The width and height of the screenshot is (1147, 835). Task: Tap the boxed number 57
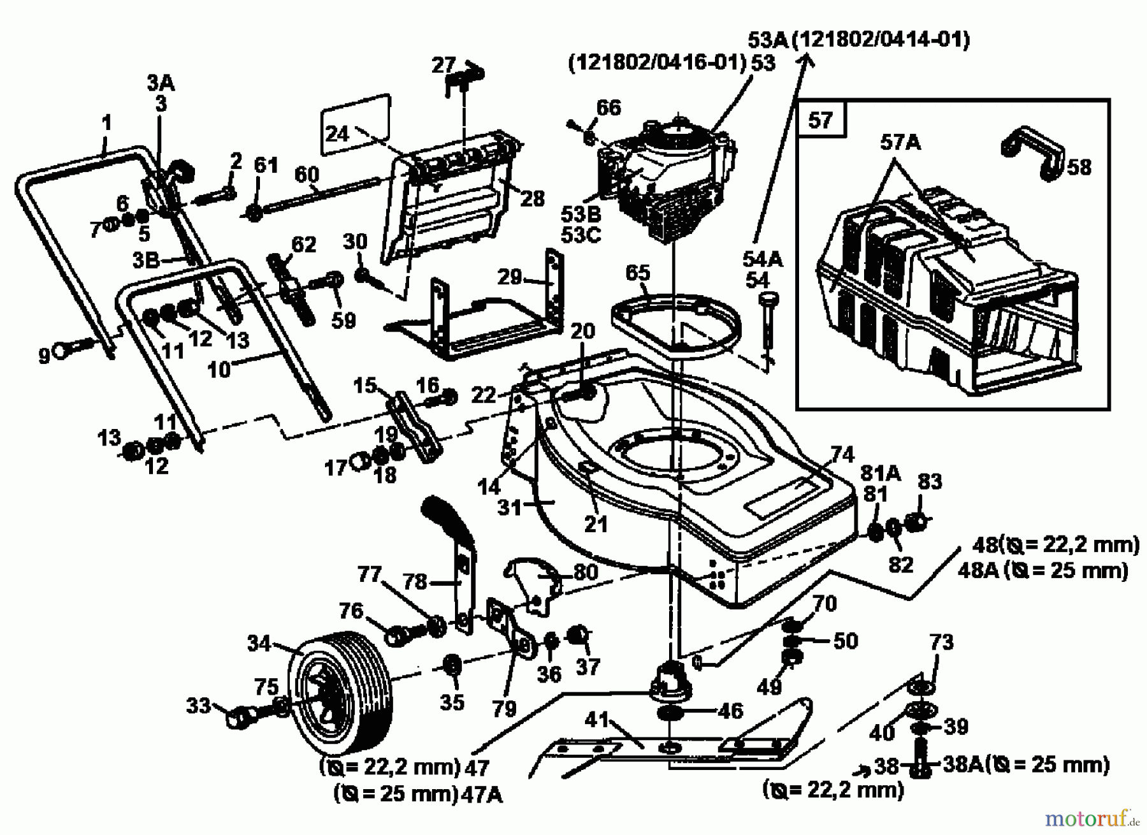(821, 119)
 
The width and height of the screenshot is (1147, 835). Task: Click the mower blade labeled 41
(669, 746)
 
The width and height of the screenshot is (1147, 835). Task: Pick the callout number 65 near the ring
(637, 273)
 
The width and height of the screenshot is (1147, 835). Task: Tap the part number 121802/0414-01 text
(881, 40)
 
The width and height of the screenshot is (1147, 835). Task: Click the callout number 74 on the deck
(842, 454)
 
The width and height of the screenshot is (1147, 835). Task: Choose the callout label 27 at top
(444, 65)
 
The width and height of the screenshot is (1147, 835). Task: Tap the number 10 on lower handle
(219, 370)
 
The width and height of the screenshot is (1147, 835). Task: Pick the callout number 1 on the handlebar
(106, 122)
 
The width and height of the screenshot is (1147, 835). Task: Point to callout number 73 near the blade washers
(941, 643)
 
